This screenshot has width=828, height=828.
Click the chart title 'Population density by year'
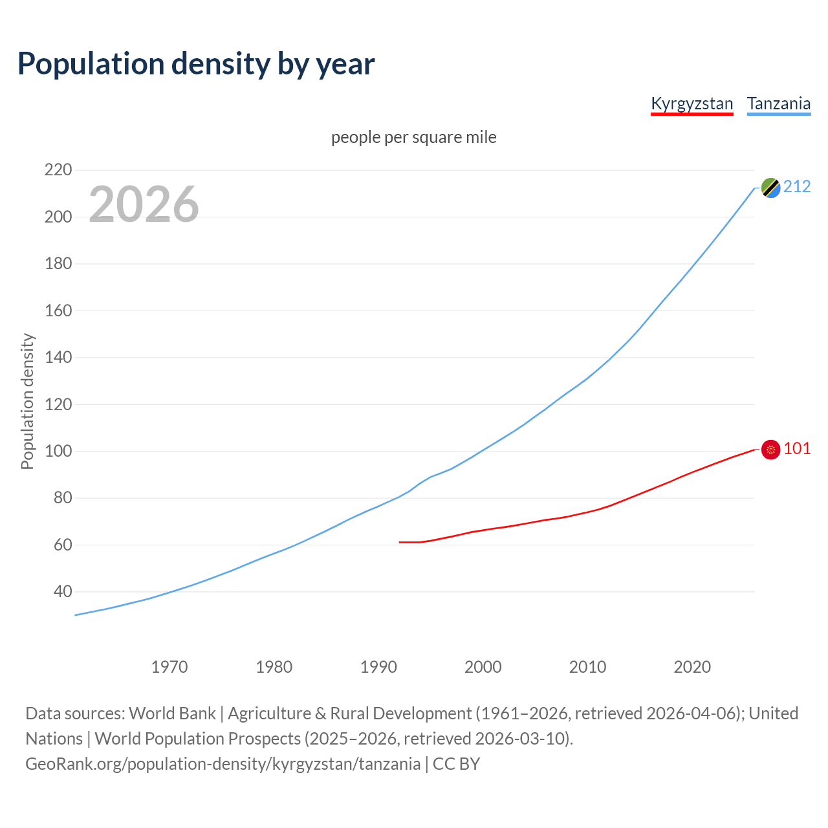pyautogui.click(x=196, y=64)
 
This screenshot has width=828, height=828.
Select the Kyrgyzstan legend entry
pyautogui.click(x=692, y=103)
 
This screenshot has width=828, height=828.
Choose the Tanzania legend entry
pyautogui.click(x=778, y=103)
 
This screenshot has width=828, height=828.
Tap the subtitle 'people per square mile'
pyautogui.click(x=413, y=137)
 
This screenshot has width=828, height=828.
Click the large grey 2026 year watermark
pyautogui.click(x=144, y=204)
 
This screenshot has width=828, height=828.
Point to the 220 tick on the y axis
pyautogui.click(x=58, y=170)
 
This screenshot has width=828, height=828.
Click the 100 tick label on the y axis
pyautogui.click(x=58, y=451)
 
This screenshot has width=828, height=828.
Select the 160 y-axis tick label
pyautogui.click(x=58, y=310)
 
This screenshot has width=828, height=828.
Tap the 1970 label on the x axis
pyautogui.click(x=169, y=667)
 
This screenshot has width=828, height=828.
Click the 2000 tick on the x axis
pyautogui.click(x=483, y=667)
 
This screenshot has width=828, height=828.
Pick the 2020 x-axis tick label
pyautogui.click(x=692, y=667)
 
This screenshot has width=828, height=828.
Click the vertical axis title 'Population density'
pyautogui.click(x=27, y=401)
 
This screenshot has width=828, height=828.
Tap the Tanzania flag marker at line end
pyautogui.click(x=770, y=188)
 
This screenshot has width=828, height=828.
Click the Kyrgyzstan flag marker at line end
pyautogui.click(x=770, y=450)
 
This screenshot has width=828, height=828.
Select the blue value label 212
pyautogui.click(x=797, y=187)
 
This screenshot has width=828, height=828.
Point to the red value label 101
pyautogui.click(x=797, y=449)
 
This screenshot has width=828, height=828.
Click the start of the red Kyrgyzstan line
pyautogui.click(x=400, y=542)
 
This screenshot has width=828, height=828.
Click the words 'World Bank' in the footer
pyautogui.click(x=172, y=714)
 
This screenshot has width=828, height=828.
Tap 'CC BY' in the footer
pyautogui.click(x=456, y=764)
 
